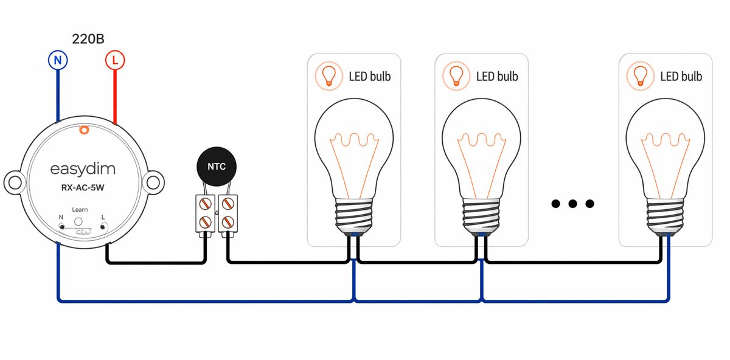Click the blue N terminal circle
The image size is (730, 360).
[58, 60]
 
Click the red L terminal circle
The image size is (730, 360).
[114, 60]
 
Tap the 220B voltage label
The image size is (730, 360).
[88, 40]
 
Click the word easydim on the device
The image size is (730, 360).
[83, 168]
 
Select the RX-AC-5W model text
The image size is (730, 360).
[83, 188]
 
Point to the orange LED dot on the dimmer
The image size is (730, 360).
[84, 129]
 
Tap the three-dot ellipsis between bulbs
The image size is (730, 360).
[572, 204]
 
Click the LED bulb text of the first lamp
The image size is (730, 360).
[369, 77]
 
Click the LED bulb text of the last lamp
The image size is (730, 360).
[681, 77]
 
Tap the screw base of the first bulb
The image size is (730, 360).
[353, 215]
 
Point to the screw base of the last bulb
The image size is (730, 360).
[664, 215]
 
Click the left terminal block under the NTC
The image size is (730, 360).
[204, 213]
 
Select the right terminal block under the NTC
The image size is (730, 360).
[228, 213]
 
